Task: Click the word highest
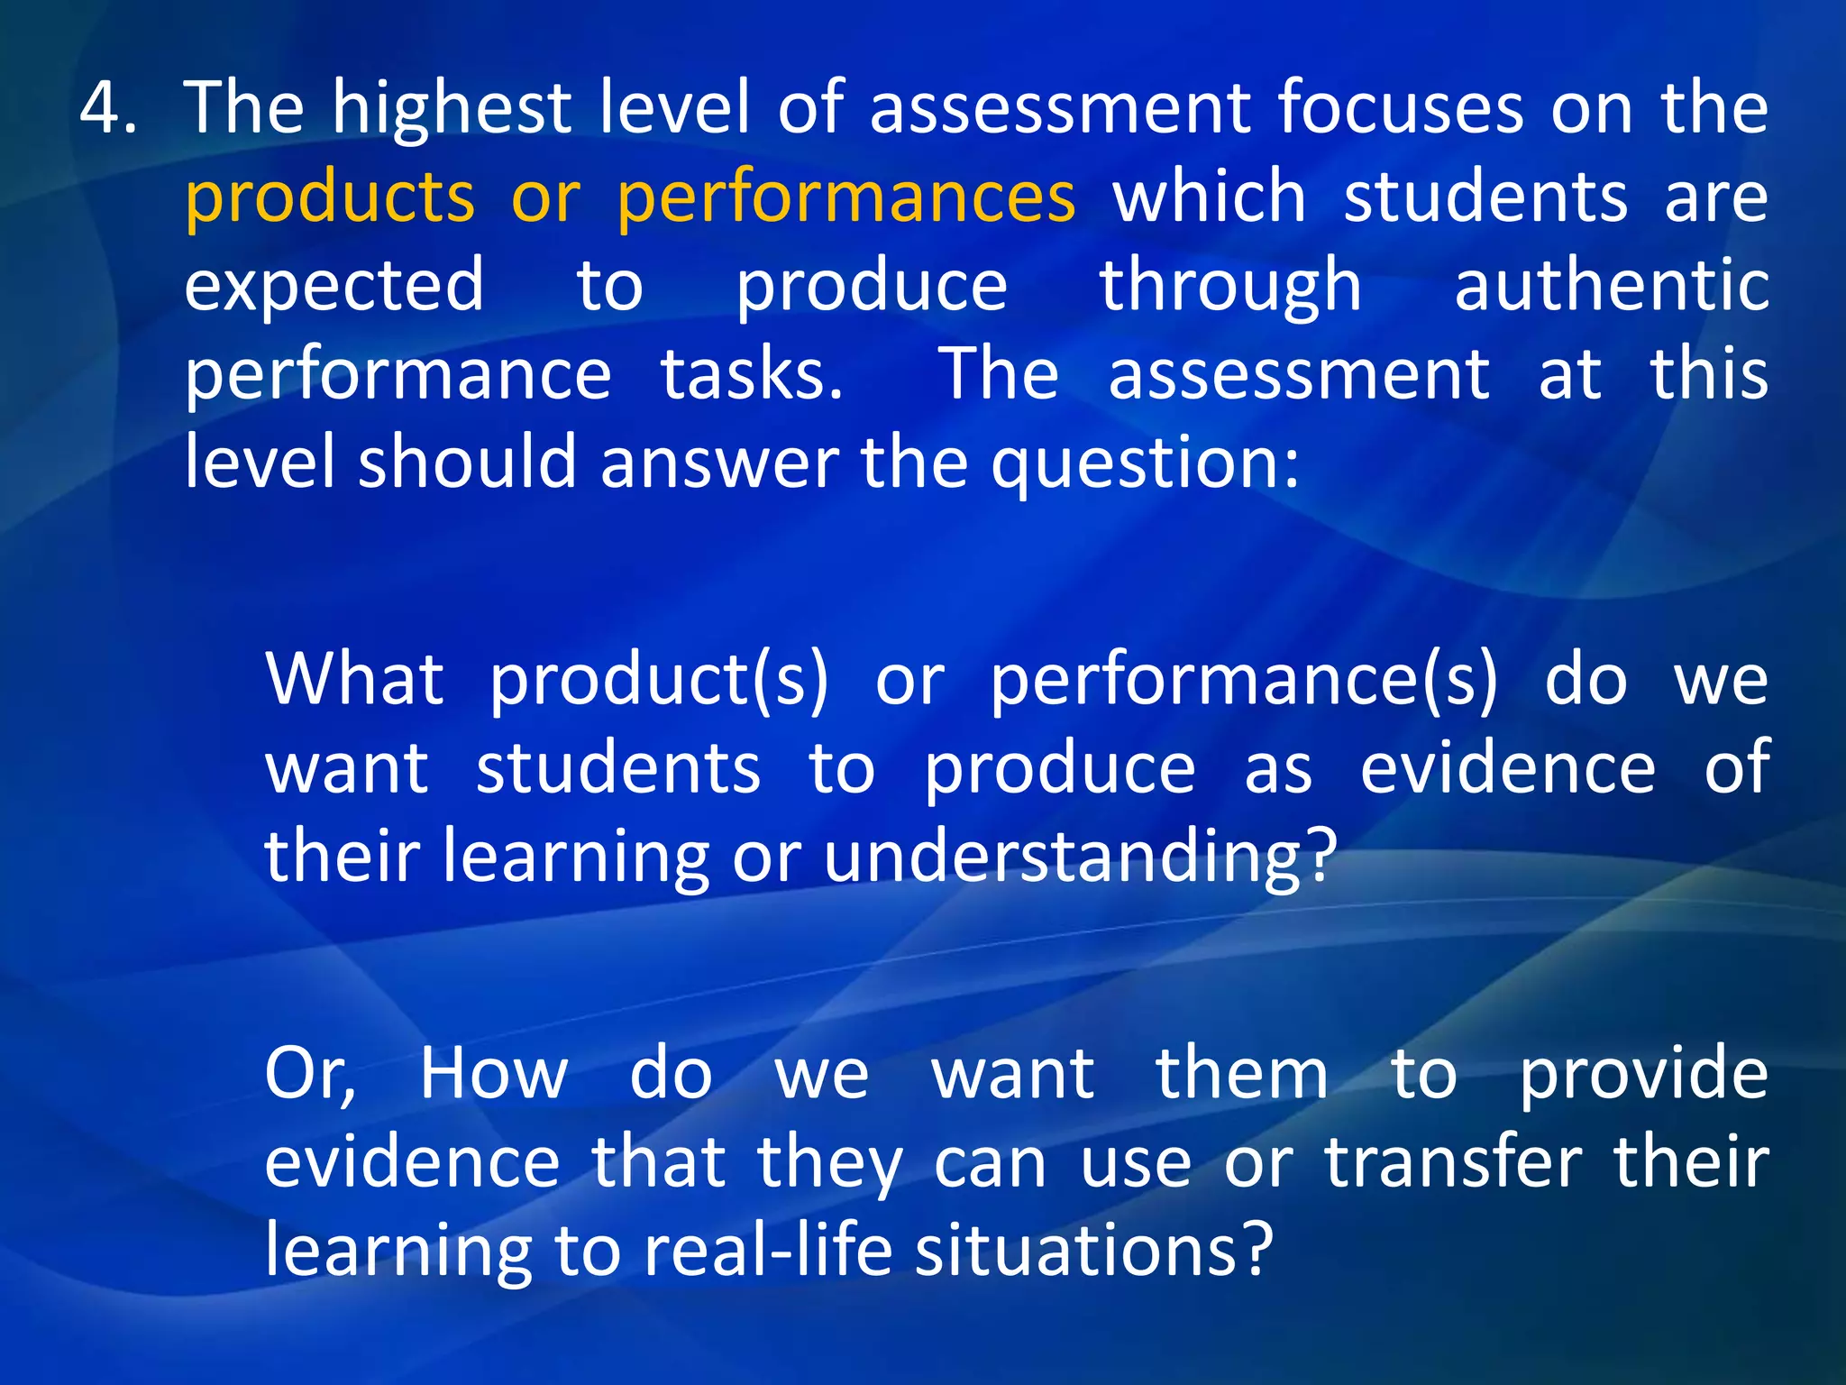click(x=452, y=108)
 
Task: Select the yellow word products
click(x=330, y=197)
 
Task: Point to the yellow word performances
click(x=846, y=197)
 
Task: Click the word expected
click(x=334, y=286)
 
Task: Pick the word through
click(x=1230, y=286)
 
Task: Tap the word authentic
click(x=1611, y=286)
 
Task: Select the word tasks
click(x=752, y=374)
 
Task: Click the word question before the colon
click(x=1136, y=463)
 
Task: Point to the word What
click(x=354, y=678)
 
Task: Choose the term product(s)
click(x=659, y=680)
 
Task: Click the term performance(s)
click(x=1244, y=680)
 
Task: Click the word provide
click(x=1643, y=1074)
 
